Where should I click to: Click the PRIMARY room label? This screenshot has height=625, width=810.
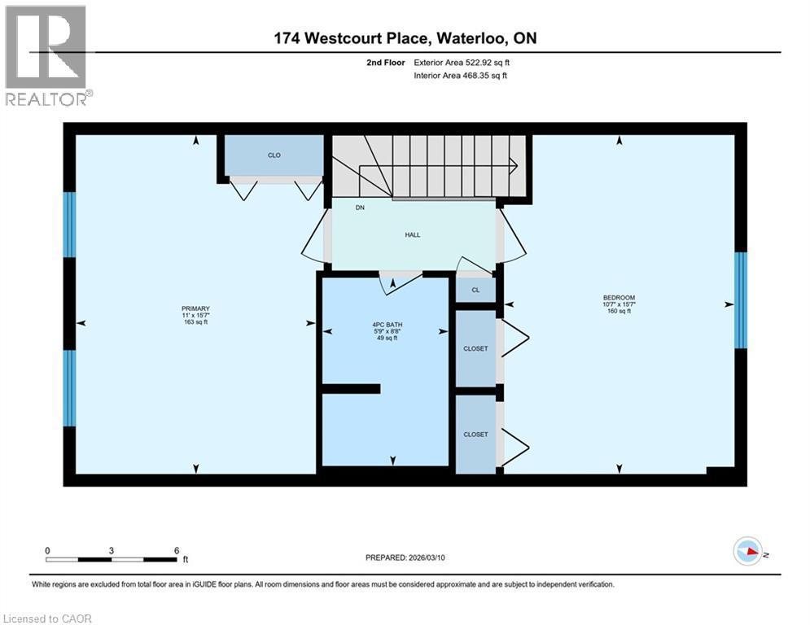(x=195, y=308)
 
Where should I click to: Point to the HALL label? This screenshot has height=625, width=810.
(x=413, y=234)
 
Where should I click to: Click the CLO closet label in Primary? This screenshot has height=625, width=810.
(x=274, y=155)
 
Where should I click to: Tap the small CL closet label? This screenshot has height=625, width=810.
(x=476, y=290)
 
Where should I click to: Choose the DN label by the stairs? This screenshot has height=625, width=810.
(x=359, y=208)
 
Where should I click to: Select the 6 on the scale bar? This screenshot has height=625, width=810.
(x=177, y=550)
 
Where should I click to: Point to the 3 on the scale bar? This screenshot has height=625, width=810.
(x=111, y=550)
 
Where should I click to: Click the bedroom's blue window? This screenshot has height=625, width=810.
(x=740, y=300)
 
